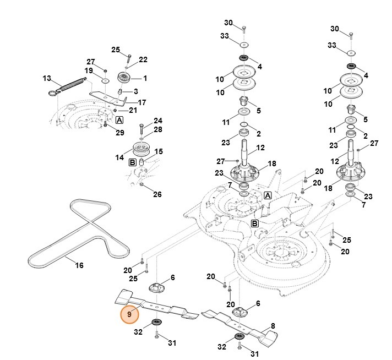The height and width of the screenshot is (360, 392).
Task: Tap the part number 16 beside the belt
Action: (79, 265)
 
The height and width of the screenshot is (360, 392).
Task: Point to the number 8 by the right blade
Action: (273, 325)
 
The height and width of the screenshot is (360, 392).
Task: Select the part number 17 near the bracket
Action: (141, 102)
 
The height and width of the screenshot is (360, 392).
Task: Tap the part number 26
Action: (157, 194)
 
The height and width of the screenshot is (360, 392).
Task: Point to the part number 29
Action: (120, 133)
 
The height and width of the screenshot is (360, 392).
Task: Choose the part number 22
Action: (143, 59)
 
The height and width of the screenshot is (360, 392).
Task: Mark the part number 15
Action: (159, 151)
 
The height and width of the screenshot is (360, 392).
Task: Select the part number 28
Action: (158, 129)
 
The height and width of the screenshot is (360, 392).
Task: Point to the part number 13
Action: (46, 78)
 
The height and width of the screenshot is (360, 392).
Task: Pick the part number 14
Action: (119, 157)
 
